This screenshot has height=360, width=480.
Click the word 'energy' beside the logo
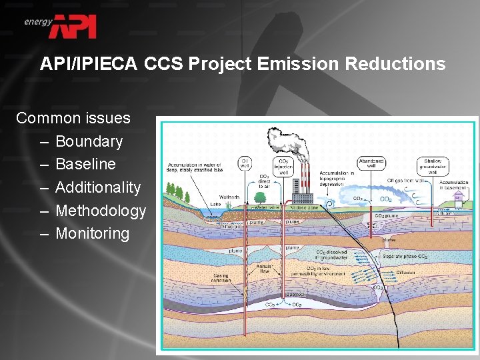(38, 21)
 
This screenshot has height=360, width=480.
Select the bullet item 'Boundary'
(89, 141)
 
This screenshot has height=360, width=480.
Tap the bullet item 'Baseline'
(85, 164)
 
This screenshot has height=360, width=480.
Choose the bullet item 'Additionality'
(98, 187)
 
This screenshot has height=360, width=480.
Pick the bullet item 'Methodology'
(101, 211)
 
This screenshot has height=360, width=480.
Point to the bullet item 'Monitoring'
(92, 233)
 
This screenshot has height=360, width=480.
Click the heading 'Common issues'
(73, 118)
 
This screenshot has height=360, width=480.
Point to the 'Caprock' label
(295, 293)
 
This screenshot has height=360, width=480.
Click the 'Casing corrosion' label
(221, 277)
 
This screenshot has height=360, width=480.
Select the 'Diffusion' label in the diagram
(405, 272)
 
